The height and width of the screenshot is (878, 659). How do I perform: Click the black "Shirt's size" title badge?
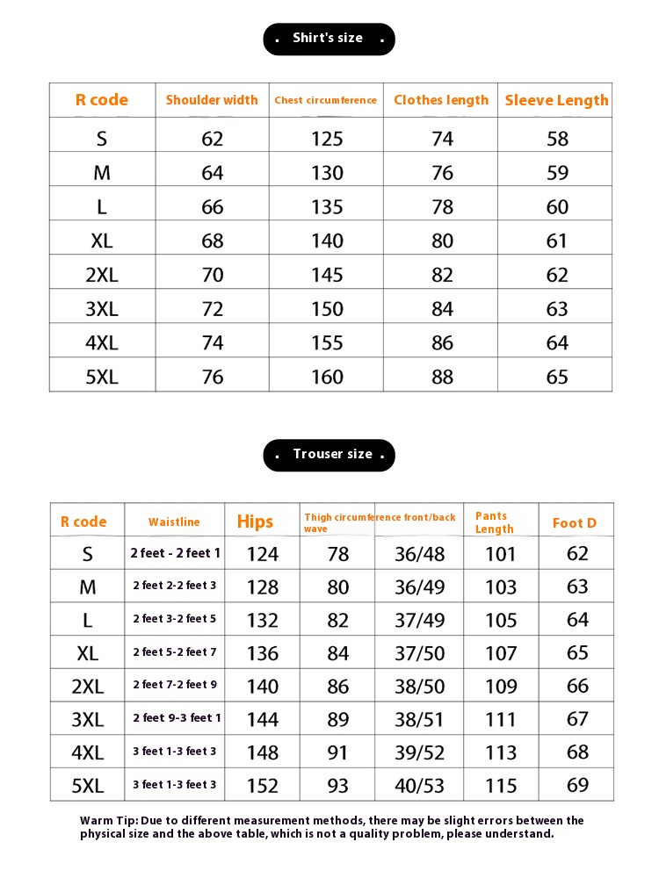329,39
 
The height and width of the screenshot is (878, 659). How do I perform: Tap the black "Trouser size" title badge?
329,455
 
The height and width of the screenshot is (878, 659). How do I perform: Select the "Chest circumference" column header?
325,100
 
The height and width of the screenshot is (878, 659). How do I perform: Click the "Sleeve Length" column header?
556,100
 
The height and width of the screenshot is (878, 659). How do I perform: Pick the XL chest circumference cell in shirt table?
327,241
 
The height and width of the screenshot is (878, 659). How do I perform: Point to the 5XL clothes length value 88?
442,377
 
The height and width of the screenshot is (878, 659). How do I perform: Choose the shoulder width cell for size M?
213,173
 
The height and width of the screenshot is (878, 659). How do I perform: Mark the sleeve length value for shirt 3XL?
557,309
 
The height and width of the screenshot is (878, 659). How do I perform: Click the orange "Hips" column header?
255,522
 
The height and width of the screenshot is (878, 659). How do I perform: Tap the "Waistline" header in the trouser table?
174,522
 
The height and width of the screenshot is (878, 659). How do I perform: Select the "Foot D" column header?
575,523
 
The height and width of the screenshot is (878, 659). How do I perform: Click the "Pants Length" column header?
494,522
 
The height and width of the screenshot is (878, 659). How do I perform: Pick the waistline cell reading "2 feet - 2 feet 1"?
175,553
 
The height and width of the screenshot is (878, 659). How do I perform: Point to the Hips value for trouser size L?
263,620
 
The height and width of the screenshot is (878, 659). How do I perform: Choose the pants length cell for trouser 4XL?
501,752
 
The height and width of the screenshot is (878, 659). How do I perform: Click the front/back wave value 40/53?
419,786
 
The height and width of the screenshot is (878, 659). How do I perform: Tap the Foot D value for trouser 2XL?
577,686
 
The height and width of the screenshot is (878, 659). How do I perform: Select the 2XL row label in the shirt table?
102,275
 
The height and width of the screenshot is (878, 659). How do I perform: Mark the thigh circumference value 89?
337,719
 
